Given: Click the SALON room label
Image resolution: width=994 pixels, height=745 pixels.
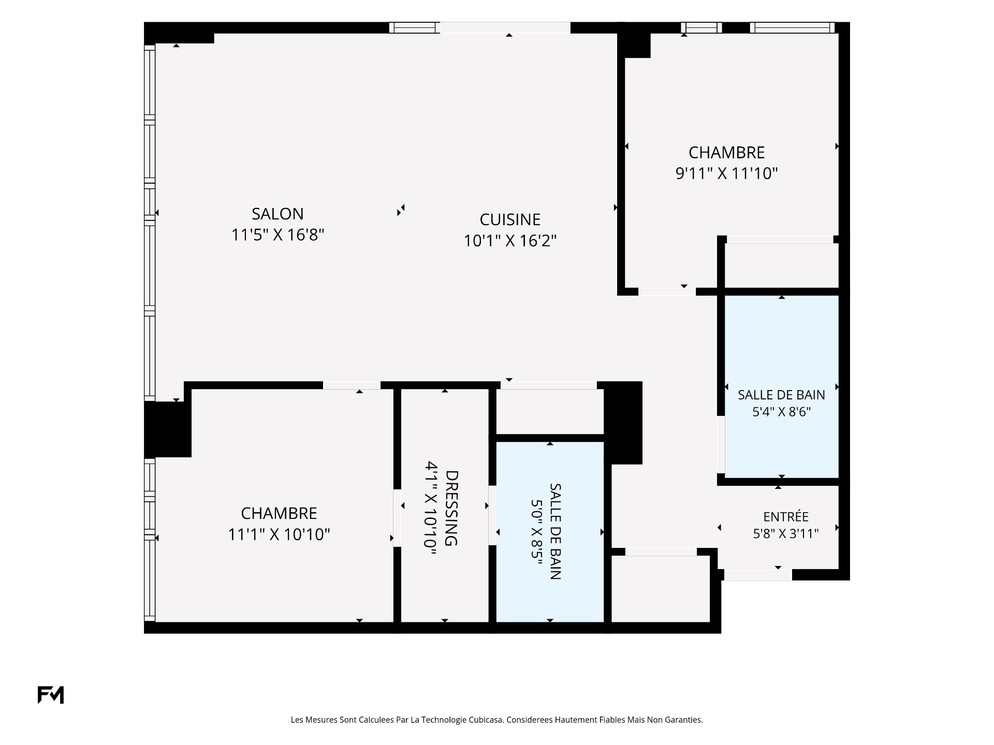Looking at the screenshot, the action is click(277, 214).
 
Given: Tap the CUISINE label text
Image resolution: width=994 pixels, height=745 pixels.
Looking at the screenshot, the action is click(510, 219).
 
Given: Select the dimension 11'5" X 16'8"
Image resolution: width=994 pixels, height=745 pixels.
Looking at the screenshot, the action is click(277, 235).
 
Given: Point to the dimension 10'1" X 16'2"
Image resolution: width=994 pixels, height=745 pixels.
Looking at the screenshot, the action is click(510, 241).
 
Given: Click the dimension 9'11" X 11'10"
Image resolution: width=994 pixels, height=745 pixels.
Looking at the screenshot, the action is click(726, 173).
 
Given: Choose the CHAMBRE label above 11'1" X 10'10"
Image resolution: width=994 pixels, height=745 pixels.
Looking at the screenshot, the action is click(279, 513).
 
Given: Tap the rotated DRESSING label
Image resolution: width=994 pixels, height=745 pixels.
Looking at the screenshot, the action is click(451, 508).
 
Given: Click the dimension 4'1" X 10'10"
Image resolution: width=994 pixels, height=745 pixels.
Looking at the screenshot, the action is click(431, 508).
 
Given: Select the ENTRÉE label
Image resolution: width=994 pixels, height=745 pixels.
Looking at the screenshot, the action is click(786, 517).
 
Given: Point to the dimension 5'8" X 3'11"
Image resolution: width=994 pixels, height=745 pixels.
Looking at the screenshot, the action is click(786, 533).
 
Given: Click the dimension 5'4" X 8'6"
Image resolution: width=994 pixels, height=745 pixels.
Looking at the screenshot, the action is click(781, 412).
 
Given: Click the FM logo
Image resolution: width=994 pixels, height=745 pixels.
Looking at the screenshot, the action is click(51, 695).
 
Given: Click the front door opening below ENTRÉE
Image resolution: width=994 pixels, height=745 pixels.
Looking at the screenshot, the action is click(758, 575).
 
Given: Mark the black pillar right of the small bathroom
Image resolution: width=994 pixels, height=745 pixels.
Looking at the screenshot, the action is click(623, 423).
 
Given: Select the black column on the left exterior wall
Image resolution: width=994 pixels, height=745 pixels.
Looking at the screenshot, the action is click(168, 429).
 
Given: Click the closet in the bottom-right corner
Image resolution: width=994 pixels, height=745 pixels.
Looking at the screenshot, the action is click(661, 589).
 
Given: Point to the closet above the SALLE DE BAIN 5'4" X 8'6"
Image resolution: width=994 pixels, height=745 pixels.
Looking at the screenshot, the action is click(781, 265).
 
